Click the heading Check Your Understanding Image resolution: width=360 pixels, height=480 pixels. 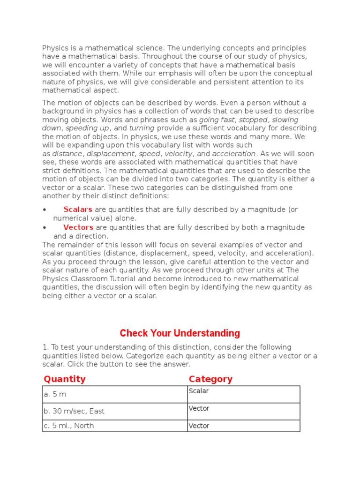pyautogui.click(x=180, y=333)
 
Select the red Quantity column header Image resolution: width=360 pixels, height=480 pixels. pyautogui.click(x=65, y=379)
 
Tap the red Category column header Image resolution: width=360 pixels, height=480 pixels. pyautogui.click(x=210, y=379)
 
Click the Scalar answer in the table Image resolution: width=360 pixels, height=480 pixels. pyautogui.click(x=199, y=391)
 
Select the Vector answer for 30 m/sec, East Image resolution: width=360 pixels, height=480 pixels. pyautogui.click(x=199, y=408)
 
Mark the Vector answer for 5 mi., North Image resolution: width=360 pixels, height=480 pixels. pyautogui.click(x=199, y=426)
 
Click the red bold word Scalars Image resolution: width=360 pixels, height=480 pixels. pyautogui.click(x=78, y=210)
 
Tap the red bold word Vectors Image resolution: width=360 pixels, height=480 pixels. pyautogui.click(x=78, y=227)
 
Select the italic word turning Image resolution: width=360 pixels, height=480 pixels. pyautogui.click(x=142, y=128)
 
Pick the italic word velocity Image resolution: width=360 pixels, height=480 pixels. pyautogui.click(x=179, y=154)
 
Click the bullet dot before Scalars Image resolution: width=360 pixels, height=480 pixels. pyautogui.click(x=44, y=210)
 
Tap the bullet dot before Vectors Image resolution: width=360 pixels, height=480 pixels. pyautogui.click(x=44, y=228)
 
